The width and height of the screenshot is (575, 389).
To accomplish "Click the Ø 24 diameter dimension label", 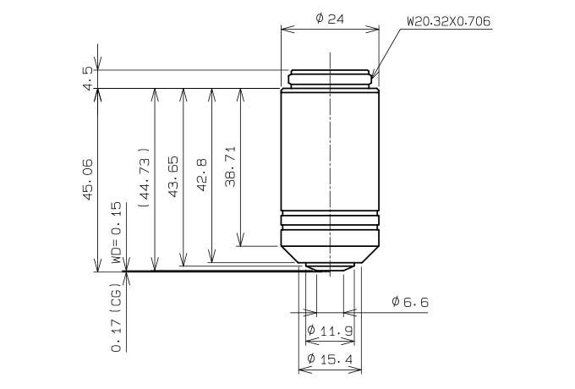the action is (x=330, y=19).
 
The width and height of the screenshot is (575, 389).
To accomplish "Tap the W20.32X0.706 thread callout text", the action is (x=449, y=21).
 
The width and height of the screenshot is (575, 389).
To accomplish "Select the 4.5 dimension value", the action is (x=88, y=79).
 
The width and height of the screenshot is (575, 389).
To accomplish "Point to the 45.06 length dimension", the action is (x=88, y=179).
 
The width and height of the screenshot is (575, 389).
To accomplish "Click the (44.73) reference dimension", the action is (x=145, y=178).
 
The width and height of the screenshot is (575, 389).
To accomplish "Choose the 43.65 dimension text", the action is (x=173, y=177).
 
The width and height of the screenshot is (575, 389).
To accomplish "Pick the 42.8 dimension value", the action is (x=202, y=175).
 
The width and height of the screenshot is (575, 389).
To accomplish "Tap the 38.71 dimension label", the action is (x=231, y=167).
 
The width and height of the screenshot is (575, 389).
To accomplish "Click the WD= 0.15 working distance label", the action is (x=116, y=233).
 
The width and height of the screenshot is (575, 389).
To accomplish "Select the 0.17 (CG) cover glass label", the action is (x=116, y=317).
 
